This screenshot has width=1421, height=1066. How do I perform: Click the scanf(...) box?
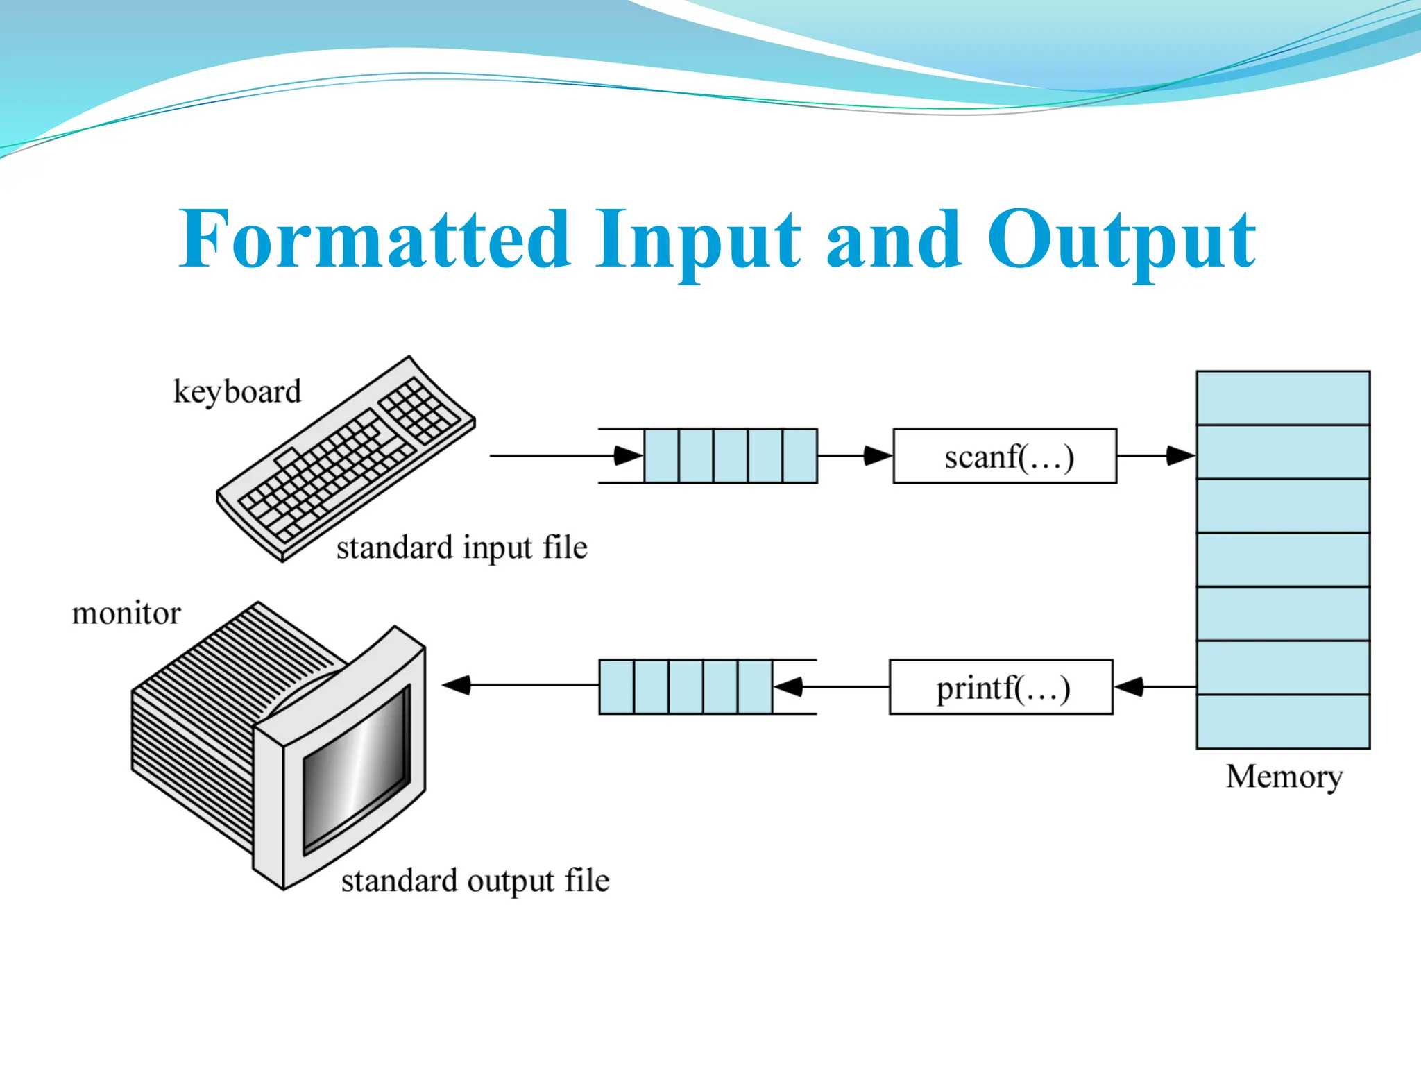tap(1005, 456)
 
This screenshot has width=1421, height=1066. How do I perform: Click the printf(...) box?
tap(1001, 687)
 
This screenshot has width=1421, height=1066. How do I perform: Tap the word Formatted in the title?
tap(375, 239)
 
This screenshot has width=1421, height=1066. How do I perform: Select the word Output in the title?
tap(1120, 239)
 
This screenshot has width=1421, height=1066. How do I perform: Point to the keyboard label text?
tap(237, 392)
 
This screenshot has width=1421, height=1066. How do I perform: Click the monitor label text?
tap(126, 614)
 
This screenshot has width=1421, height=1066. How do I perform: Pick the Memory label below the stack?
tap(1284, 777)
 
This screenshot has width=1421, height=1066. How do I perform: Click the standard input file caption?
tap(462, 548)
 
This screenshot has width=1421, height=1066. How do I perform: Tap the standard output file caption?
tap(475, 881)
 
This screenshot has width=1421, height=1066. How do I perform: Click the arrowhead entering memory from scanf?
tap(1180, 456)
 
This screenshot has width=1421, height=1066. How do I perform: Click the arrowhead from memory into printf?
tap(1129, 687)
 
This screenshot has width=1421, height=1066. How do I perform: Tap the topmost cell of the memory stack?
tap(1283, 398)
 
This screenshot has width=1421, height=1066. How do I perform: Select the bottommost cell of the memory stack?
tap(1283, 721)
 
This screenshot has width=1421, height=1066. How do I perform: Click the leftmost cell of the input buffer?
tap(661, 456)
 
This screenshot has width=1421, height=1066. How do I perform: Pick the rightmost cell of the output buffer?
tap(755, 687)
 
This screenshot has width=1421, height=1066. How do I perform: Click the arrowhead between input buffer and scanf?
tap(877, 456)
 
